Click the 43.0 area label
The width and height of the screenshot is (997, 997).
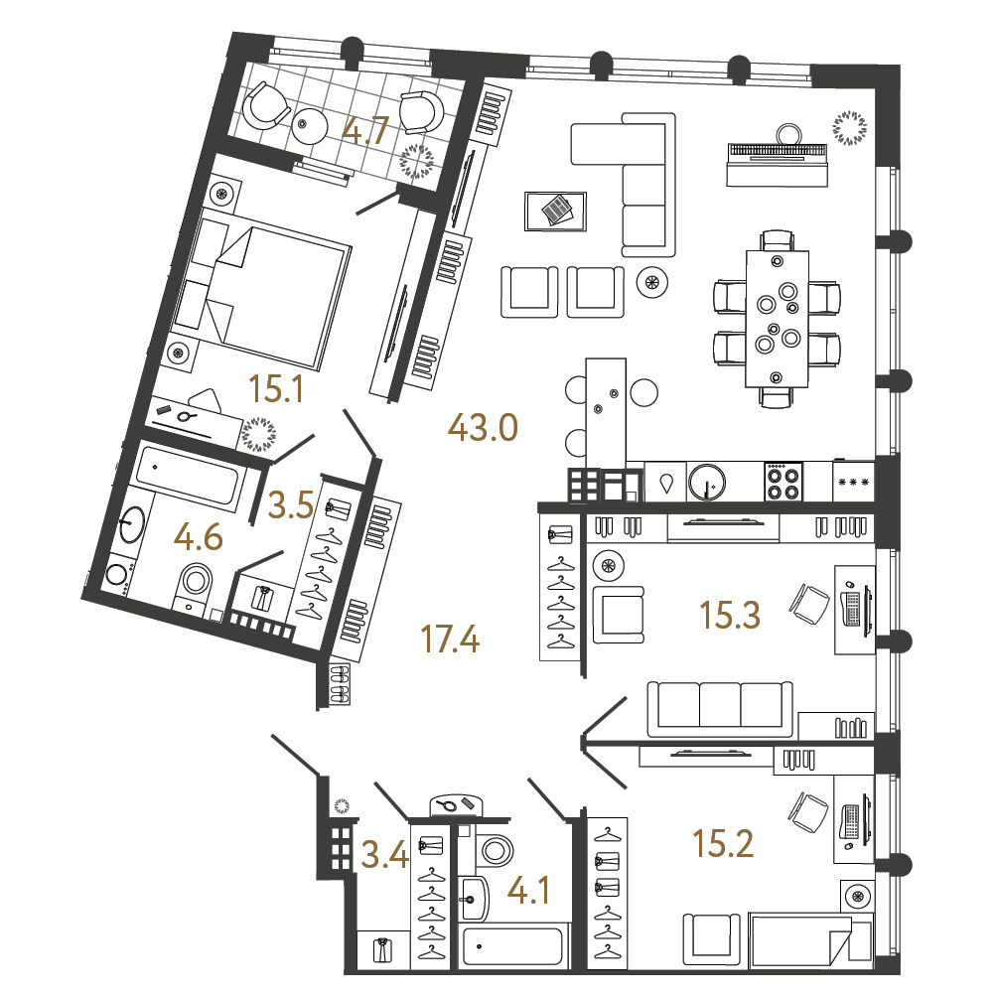pyautogui.click(x=483, y=427)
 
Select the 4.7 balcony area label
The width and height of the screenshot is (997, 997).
pyautogui.click(x=365, y=132)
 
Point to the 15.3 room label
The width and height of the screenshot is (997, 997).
pyautogui.click(x=729, y=615)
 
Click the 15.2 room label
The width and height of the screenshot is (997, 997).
pyautogui.click(x=723, y=844)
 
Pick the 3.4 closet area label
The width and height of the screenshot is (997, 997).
pyautogui.click(x=384, y=854)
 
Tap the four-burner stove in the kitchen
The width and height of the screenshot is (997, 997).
pyautogui.click(x=783, y=482)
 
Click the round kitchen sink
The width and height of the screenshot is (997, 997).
pyautogui.click(x=706, y=482)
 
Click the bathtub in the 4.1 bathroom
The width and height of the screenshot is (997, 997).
pyautogui.click(x=513, y=947)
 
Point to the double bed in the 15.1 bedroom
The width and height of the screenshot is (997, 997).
pyautogui.click(x=262, y=290)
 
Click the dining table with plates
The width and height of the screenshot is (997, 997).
pyautogui.click(x=777, y=319)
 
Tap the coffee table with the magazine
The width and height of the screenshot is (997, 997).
pyautogui.click(x=555, y=212)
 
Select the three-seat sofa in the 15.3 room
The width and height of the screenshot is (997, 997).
pyautogui.click(x=720, y=710)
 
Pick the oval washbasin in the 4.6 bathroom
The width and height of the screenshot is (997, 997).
pyautogui.click(x=132, y=524)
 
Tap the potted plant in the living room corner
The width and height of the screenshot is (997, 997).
pyautogui.click(x=849, y=128)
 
